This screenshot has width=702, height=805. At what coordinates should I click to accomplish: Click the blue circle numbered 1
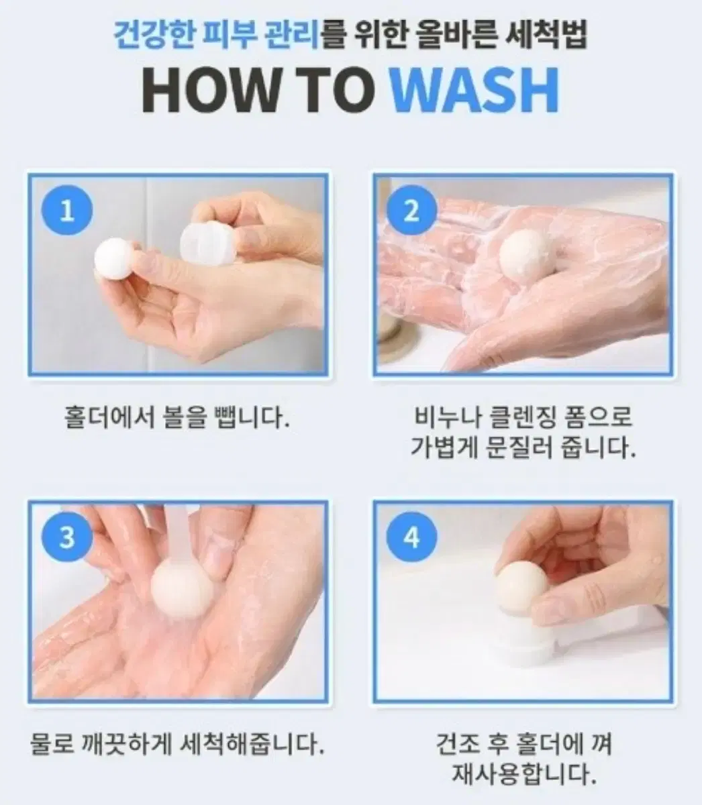(x=67, y=211)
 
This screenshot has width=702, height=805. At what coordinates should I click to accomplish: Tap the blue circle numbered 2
(x=411, y=211)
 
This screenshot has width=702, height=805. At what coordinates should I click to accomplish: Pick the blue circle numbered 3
(x=67, y=538)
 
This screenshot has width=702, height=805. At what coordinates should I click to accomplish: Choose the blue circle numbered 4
(x=411, y=538)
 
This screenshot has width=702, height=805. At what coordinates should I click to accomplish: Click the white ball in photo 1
(x=115, y=259)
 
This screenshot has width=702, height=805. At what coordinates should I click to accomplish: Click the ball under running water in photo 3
(x=182, y=592)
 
